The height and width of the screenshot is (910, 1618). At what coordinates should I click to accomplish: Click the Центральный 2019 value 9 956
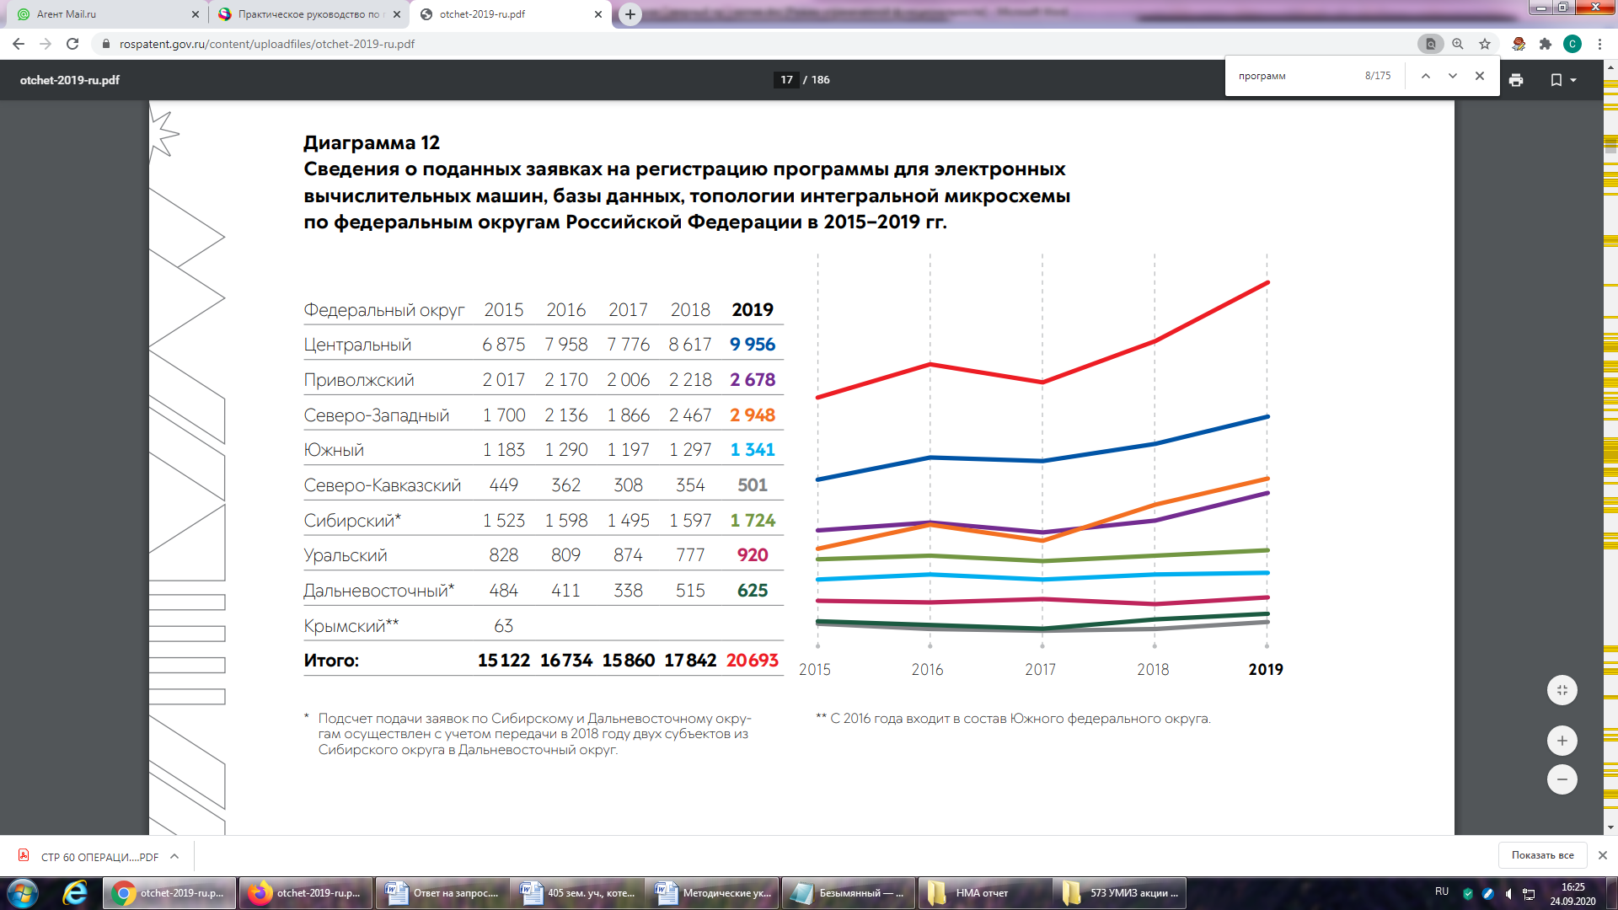click(x=752, y=345)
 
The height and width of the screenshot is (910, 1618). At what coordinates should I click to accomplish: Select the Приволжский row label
click(x=359, y=380)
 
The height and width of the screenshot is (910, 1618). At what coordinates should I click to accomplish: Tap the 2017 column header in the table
click(x=628, y=310)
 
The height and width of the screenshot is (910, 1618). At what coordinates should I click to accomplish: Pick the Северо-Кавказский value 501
click(x=752, y=485)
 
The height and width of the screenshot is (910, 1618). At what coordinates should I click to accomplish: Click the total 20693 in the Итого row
click(x=752, y=661)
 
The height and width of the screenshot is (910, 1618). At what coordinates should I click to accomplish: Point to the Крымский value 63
click(x=503, y=626)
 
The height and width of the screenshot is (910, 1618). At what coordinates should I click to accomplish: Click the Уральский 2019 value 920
click(x=752, y=555)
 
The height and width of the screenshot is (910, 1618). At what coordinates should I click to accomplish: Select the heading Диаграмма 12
click(x=372, y=142)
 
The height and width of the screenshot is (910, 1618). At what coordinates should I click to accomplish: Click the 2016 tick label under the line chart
click(x=927, y=670)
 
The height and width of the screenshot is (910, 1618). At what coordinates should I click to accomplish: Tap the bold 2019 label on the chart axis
click(x=1265, y=670)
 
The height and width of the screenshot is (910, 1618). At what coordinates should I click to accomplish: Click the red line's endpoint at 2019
click(x=1267, y=283)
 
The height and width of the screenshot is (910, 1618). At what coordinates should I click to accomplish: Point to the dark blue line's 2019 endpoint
click(x=1267, y=417)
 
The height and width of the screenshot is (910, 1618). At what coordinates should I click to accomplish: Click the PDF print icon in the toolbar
click(x=1516, y=80)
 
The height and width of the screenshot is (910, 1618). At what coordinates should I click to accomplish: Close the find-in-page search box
click(x=1480, y=76)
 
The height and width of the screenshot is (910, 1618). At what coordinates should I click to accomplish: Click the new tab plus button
click(x=630, y=14)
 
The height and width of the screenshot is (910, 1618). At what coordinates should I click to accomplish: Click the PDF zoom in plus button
click(x=1562, y=741)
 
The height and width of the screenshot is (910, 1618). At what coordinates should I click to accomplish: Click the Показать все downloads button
click(x=1542, y=855)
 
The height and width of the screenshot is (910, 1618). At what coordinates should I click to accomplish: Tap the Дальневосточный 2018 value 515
click(x=690, y=591)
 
